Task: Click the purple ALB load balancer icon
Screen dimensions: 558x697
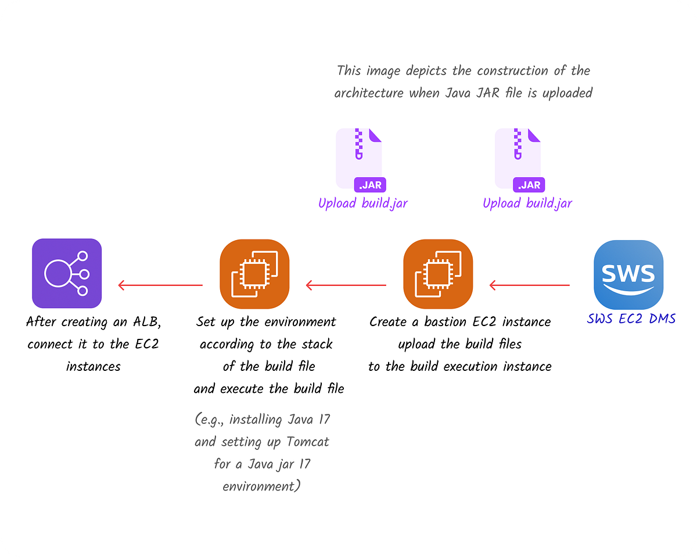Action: [x=67, y=273]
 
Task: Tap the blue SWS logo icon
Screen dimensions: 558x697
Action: [x=628, y=274]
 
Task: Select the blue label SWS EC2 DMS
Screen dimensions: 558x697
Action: [x=631, y=319]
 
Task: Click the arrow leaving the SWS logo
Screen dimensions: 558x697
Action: [x=529, y=285]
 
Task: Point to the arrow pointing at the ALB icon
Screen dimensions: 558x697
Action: [x=160, y=285]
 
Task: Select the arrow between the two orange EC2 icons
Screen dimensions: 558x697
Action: [x=346, y=285]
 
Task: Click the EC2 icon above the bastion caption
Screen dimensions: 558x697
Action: [x=438, y=274]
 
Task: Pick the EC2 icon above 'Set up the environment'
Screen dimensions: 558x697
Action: [x=254, y=274]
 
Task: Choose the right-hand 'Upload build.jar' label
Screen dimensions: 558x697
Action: [x=527, y=203]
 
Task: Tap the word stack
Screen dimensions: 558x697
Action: [x=317, y=344]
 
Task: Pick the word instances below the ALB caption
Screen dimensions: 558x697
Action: [x=93, y=367]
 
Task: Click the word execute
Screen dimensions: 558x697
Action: [x=240, y=389]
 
